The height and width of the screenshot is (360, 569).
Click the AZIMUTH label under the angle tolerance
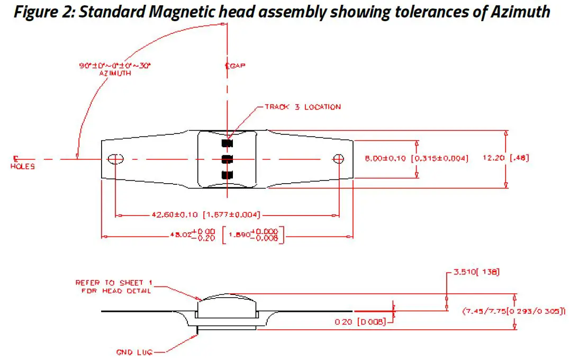pyautogui.click(x=115, y=74)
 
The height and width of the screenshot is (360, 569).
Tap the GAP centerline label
pyautogui.click(x=234, y=66)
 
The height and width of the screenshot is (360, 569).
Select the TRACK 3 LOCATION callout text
pyautogui.click(x=302, y=107)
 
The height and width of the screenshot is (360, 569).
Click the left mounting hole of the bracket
pyautogui.click(x=115, y=159)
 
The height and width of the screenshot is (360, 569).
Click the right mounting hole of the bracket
pyautogui.click(x=339, y=159)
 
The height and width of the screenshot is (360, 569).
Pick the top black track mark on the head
pyautogui.click(x=227, y=143)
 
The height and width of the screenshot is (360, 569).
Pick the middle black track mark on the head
pyautogui.click(x=227, y=159)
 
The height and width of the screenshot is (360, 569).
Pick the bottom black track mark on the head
pyautogui.click(x=227, y=175)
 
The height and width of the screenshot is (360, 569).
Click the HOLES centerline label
pyautogui.click(x=22, y=166)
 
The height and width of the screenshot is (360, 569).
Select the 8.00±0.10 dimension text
pyautogui.click(x=387, y=158)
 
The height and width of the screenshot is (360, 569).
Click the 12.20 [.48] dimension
pyautogui.click(x=505, y=158)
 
